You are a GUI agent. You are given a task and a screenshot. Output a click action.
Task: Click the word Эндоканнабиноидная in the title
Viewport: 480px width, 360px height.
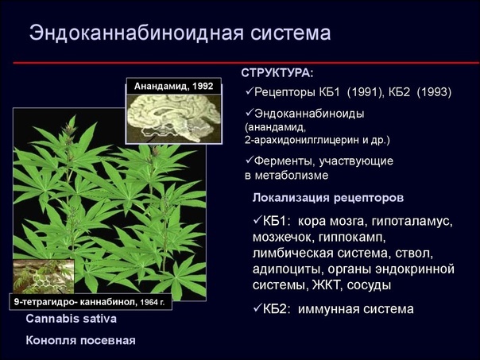coord(136,33)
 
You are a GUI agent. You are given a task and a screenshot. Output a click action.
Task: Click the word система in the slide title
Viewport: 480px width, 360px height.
coord(291,33)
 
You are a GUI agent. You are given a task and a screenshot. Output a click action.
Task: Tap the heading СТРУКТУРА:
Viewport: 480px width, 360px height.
coord(277,73)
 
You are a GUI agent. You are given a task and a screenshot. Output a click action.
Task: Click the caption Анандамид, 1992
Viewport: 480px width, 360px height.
coord(173,86)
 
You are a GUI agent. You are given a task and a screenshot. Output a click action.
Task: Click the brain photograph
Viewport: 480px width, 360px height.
coord(174,118)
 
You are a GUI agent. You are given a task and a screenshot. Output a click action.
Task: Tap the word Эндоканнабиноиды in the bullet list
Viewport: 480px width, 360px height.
coord(309,114)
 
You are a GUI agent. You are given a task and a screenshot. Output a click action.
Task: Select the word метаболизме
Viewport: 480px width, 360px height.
coord(292,176)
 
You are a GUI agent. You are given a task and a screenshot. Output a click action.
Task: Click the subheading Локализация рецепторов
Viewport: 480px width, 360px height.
coord(328,198)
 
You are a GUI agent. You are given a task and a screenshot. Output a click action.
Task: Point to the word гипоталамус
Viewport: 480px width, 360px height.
coord(412,222)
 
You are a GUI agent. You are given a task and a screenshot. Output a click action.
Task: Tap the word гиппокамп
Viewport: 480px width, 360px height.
coord(352,238)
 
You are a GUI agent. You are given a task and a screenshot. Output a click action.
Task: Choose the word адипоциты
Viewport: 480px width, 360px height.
coord(288,269)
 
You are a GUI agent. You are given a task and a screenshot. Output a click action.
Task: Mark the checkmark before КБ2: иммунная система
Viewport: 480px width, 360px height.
coord(257,308)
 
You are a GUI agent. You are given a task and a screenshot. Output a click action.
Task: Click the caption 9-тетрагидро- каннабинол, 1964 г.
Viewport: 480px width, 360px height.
coord(89,302)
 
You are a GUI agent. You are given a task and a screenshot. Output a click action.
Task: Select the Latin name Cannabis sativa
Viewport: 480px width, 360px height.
coord(71,319)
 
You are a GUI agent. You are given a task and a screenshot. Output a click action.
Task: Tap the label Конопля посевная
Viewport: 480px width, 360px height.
coord(80,340)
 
